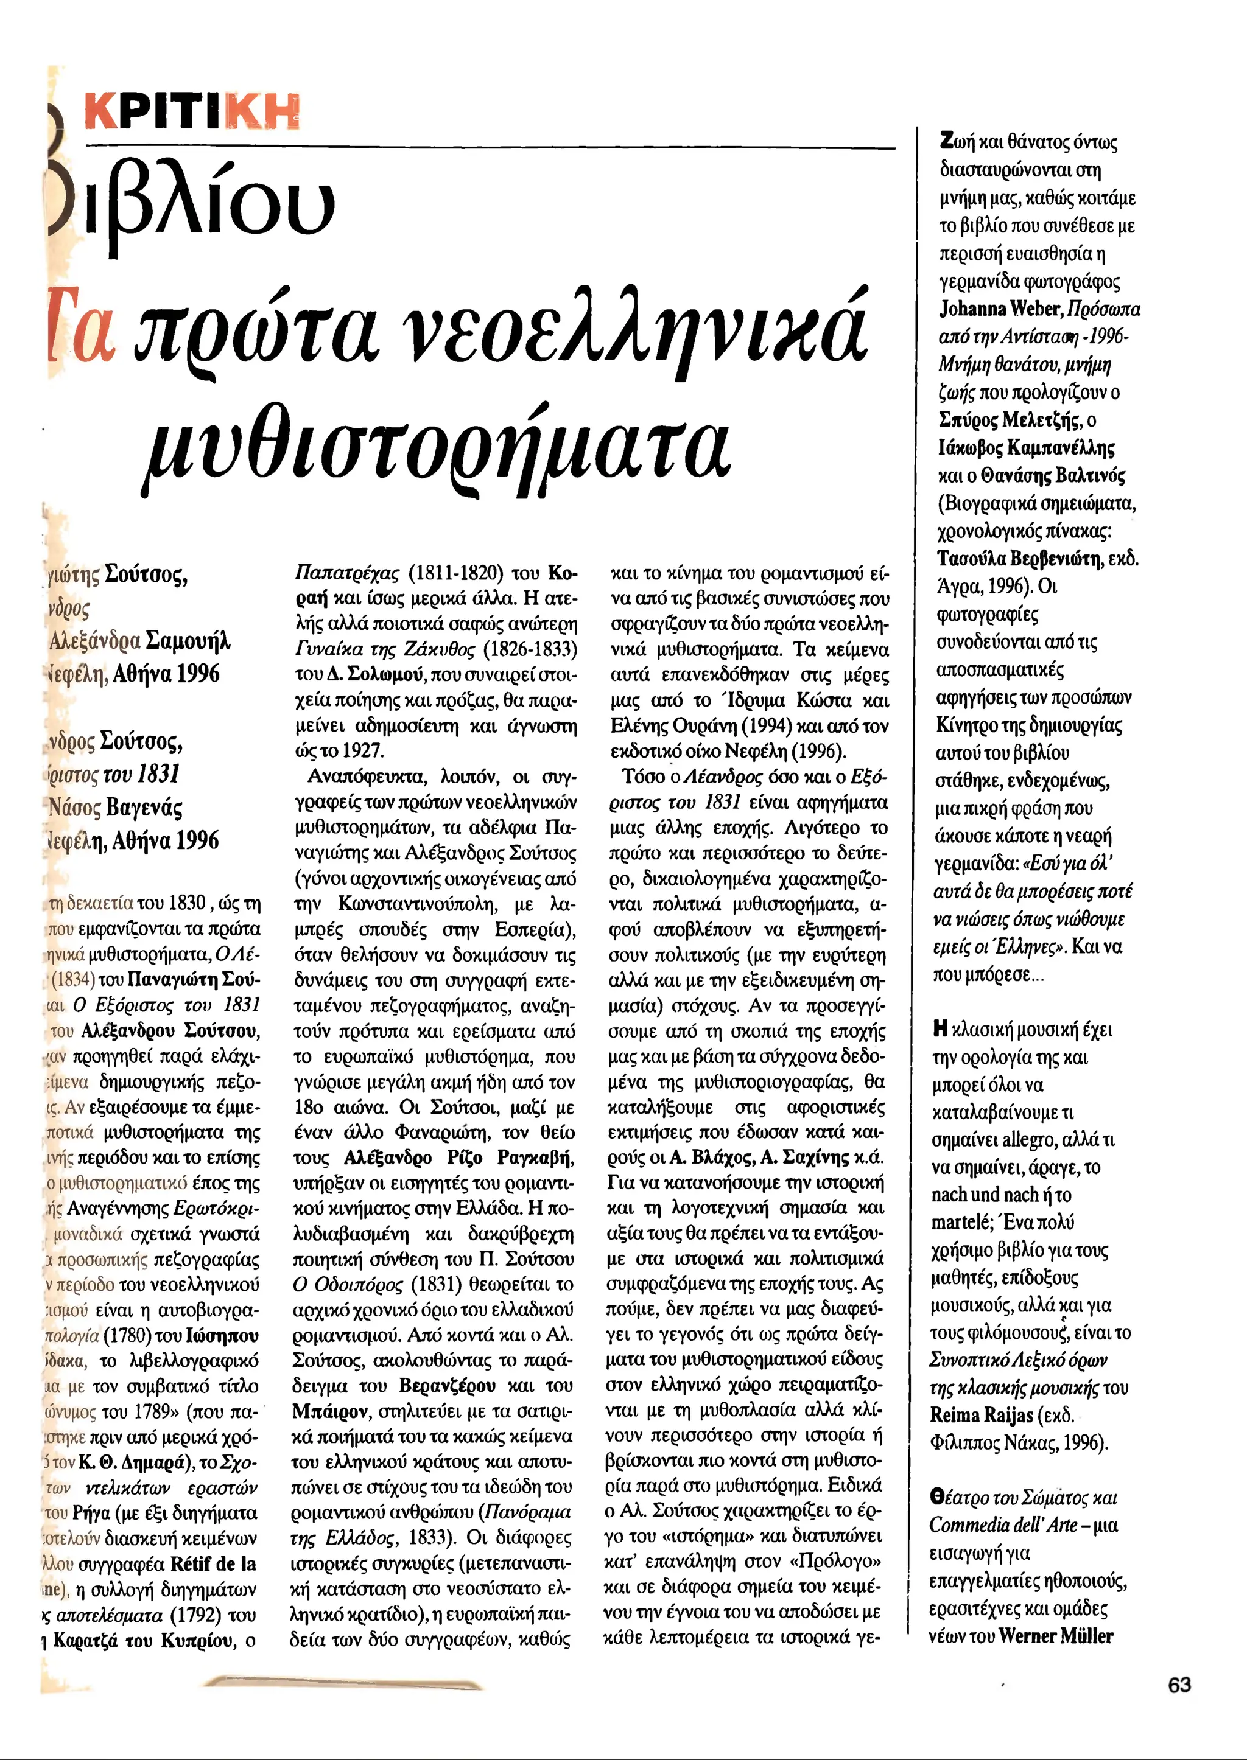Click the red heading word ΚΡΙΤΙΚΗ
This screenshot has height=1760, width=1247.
pos(192,112)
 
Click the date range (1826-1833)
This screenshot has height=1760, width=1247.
pos(530,649)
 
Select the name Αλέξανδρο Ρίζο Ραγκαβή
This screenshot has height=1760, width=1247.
pos(459,1157)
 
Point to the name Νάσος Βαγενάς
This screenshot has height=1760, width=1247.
pos(115,808)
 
